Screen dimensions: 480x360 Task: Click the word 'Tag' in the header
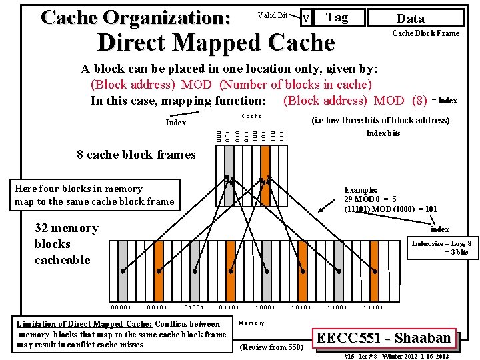(x=337, y=17)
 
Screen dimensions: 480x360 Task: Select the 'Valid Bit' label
(x=272, y=15)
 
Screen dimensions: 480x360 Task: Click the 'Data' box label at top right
(x=410, y=19)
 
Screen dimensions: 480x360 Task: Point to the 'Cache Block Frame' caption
(x=425, y=33)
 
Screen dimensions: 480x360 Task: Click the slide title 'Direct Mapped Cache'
(x=216, y=43)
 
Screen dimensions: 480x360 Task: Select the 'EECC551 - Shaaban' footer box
(x=384, y=337)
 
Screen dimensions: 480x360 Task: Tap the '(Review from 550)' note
(x=271, y=347)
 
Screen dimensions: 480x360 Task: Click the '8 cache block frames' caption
(x=136, y=155)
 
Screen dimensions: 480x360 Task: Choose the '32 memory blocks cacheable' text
(x=66, y=244)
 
